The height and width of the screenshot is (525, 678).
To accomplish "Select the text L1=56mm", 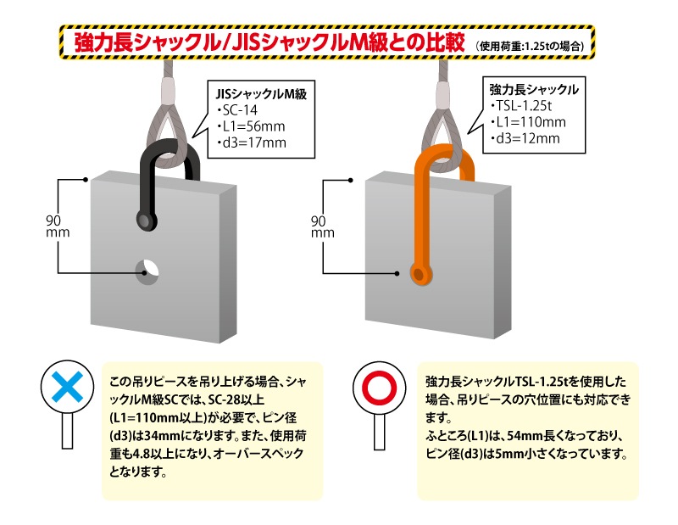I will tap(251, 126).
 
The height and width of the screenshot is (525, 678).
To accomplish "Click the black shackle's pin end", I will tap(147, 222).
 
